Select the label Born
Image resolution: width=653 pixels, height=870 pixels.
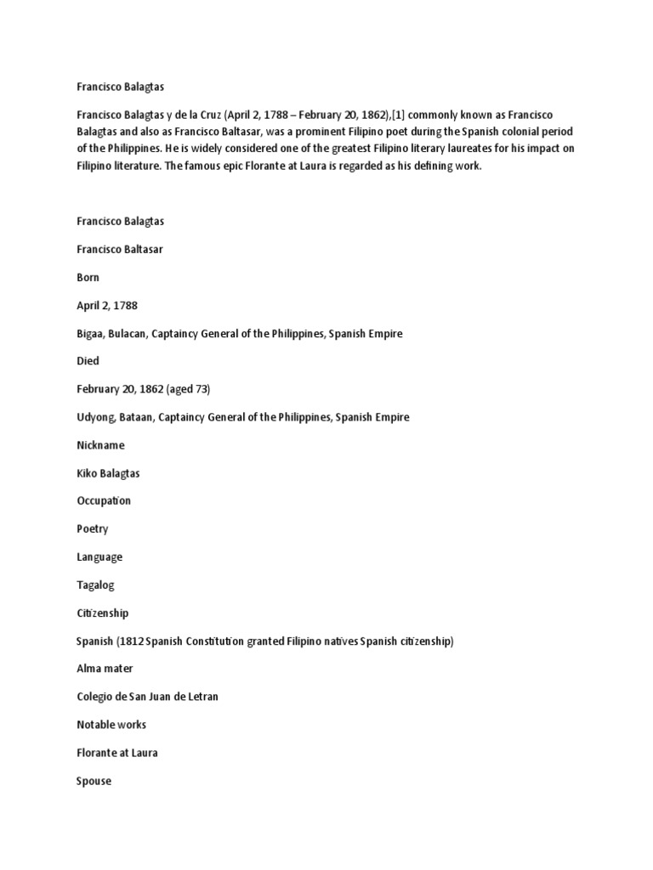[88, 277]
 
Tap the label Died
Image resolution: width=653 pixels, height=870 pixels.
[88, 361]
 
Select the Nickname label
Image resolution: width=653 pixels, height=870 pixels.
[100, 445]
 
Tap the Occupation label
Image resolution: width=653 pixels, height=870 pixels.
[104, 501]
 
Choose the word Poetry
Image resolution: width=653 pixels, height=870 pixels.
[93, 528]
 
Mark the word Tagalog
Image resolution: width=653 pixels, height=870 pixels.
[95, 585]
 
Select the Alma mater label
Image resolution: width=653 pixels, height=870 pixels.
[104, 669]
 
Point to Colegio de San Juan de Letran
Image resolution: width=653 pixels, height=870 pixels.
[147, 697]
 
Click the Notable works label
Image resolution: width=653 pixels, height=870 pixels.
[111, 725]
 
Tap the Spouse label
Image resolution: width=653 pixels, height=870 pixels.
[94, 781]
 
